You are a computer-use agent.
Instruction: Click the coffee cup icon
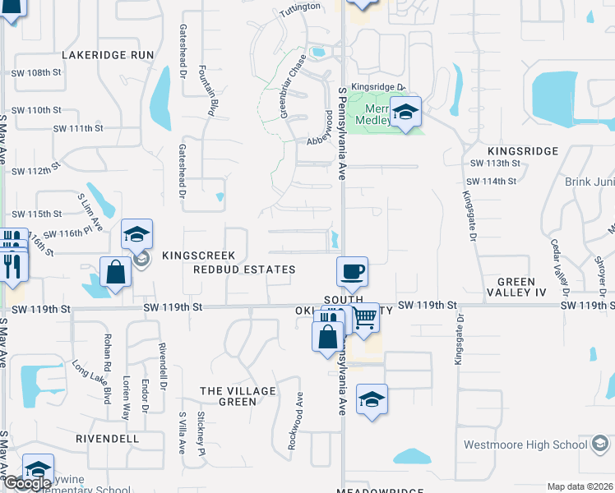tap(352, 271)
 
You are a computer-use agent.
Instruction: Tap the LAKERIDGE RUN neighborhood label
tap(109, 54)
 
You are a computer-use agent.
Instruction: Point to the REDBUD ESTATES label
tap(244, 270)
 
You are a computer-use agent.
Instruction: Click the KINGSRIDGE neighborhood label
tap(523, 151)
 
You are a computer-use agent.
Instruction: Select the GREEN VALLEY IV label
tap(516, 288)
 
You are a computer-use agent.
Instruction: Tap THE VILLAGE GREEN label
tap(237, 396)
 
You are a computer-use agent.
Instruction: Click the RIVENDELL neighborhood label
tap(107, 439)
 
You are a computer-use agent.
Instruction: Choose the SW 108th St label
tap(37, 73)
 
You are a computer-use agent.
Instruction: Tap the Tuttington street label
tap(300, 7)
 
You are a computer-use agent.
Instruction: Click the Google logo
tap(27, 484)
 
